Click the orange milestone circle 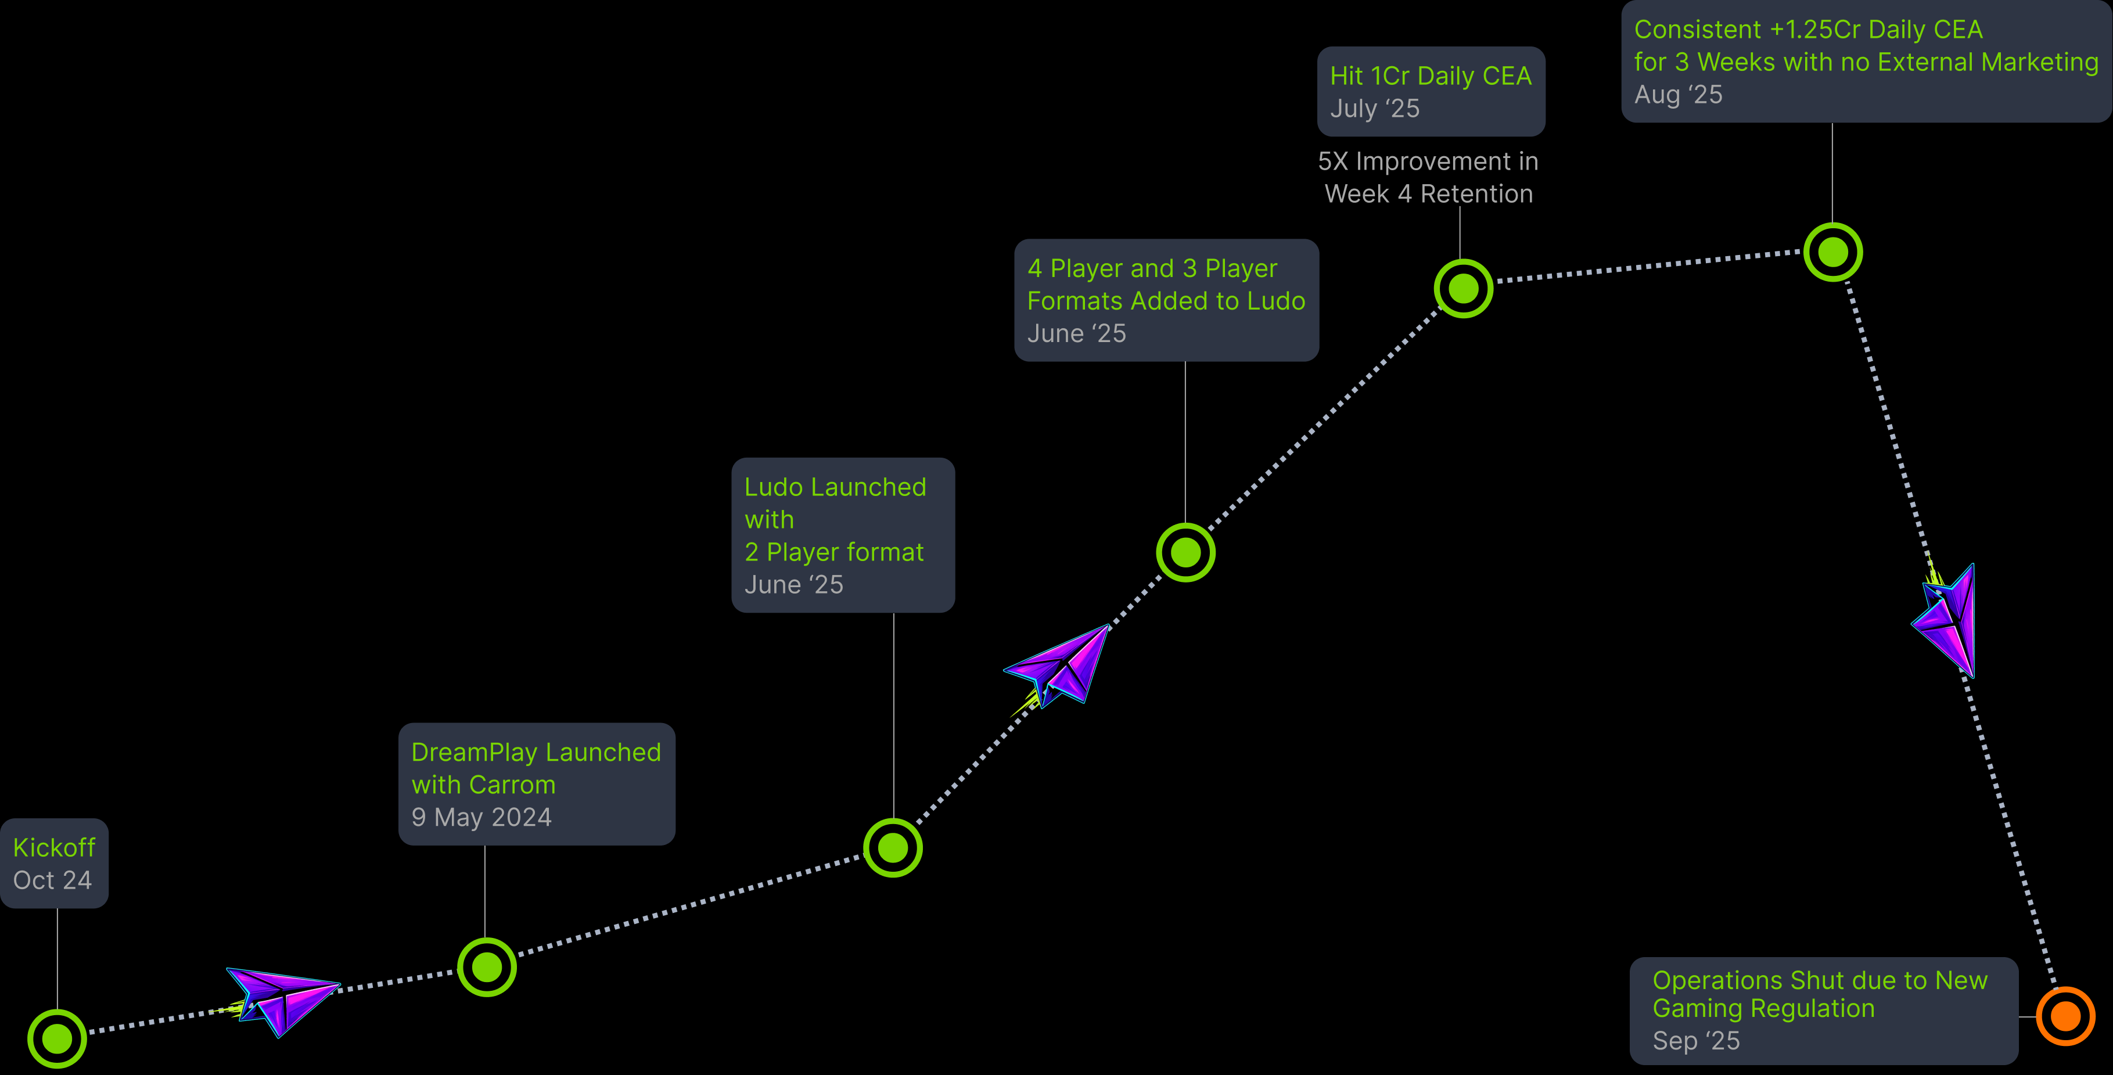pos(2065,1017)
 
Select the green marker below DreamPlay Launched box pos(486,968)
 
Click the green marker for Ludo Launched pos(893,848)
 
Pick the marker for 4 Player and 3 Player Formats pos(1185,553)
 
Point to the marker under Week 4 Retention pos(1463,289)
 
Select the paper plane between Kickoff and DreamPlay pos(281,999)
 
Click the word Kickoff pos(54,847)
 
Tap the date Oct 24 pos(52,880)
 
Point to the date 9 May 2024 pos(481,818)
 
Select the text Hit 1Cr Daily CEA pos(1431,75)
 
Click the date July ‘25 pos(1375,108)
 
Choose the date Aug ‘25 pos(1678,94)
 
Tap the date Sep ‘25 pos(1695,1041)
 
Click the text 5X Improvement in pos(1428,161)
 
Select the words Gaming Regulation pos(1763,1009)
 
